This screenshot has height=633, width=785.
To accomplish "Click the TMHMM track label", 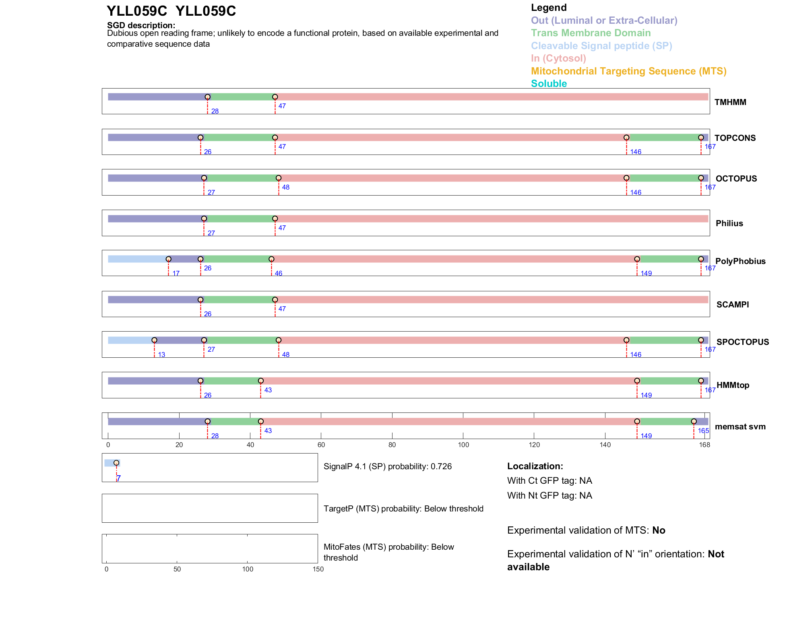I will pyautogui.click(x=730, y=102).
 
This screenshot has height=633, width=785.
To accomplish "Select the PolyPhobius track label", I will pyautogui.click(x=740, y=261).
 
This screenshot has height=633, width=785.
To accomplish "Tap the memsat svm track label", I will pyautogui.click(x=740, y=427).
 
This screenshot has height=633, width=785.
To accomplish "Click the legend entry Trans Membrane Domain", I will pyautogui.click(x=591, y=33).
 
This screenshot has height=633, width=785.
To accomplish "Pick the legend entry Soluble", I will pyautogui.click(x=549, y=84).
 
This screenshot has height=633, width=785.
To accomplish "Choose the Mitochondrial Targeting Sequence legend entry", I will pyautogui.click(x=628, y=71).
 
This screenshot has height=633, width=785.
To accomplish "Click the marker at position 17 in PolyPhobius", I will pyautogui.click(x=169, y=259).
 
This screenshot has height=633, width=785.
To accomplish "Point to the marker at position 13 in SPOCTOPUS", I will pyautogui.click(x=154, y=340).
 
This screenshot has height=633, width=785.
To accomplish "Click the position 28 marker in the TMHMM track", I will pyautogui.click(x=208, y=97).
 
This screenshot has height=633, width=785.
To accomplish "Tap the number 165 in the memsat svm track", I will pyautogui.click(x=703, y=431).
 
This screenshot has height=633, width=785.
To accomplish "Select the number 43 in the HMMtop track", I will pyautogui.click(x=268, y=390).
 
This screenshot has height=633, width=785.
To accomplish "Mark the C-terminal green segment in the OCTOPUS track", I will pyautogui.click(x=663, y=178).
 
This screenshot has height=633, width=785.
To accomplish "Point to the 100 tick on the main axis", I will pyautogui.click(x=463, y=445).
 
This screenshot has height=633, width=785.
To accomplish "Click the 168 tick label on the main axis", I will pyautogui.click(x=704, y=445).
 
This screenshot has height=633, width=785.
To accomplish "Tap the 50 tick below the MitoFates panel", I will pyautogui.click(x=177, y=569).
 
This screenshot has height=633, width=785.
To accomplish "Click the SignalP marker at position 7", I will pyautogui.click(x=116, y=463).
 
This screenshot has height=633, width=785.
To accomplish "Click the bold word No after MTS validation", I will pyautogui.click(x=659, y=530).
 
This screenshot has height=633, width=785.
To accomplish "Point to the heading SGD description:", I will pyautogui.click(x=141, y=25).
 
